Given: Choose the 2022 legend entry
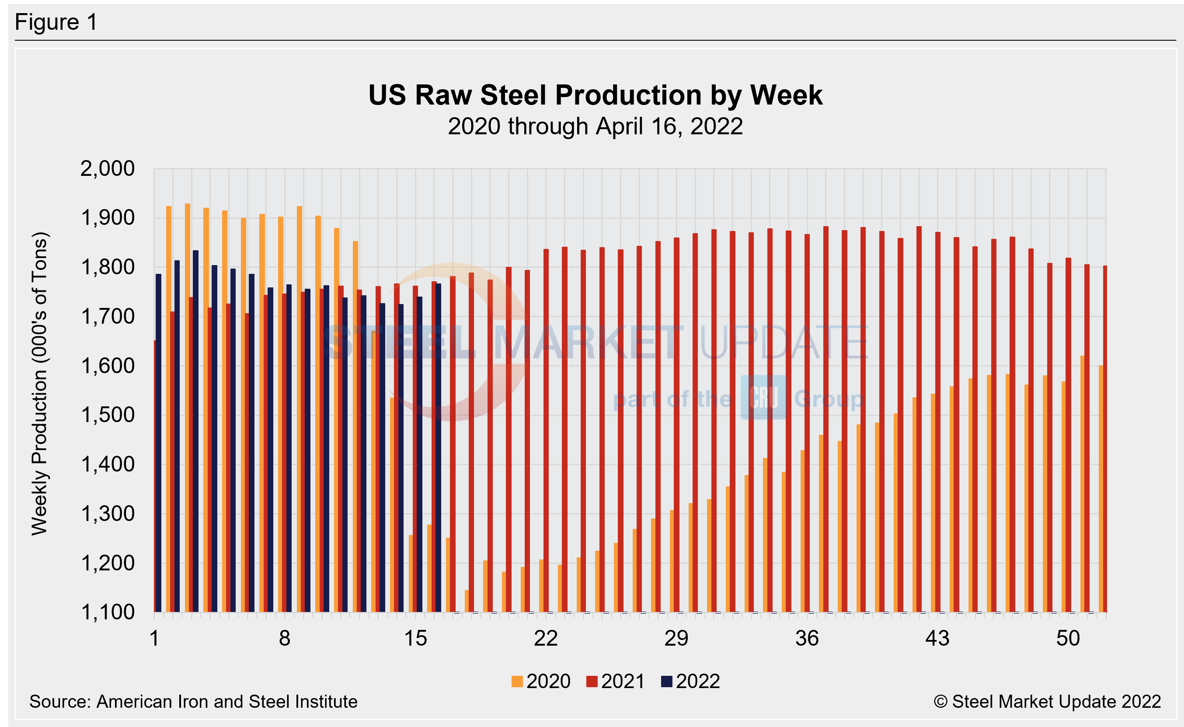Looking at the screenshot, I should tap(690, 682).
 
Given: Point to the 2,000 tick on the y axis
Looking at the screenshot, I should tap(107, 169).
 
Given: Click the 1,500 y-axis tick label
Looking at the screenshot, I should tap(107, 415).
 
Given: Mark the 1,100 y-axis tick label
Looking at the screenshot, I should tap(107, 612).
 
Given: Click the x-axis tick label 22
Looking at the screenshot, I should tap(546, 639).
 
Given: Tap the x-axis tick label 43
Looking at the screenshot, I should tap(937, 639).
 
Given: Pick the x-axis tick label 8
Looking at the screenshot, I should tap(285, 639).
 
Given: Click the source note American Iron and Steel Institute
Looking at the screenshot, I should tap(193, 702).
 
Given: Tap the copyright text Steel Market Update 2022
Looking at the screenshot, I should tap(1047, 702).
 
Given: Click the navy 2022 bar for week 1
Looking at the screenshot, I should tap(159, 442).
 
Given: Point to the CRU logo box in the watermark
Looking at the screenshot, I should tap(763, 397).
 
